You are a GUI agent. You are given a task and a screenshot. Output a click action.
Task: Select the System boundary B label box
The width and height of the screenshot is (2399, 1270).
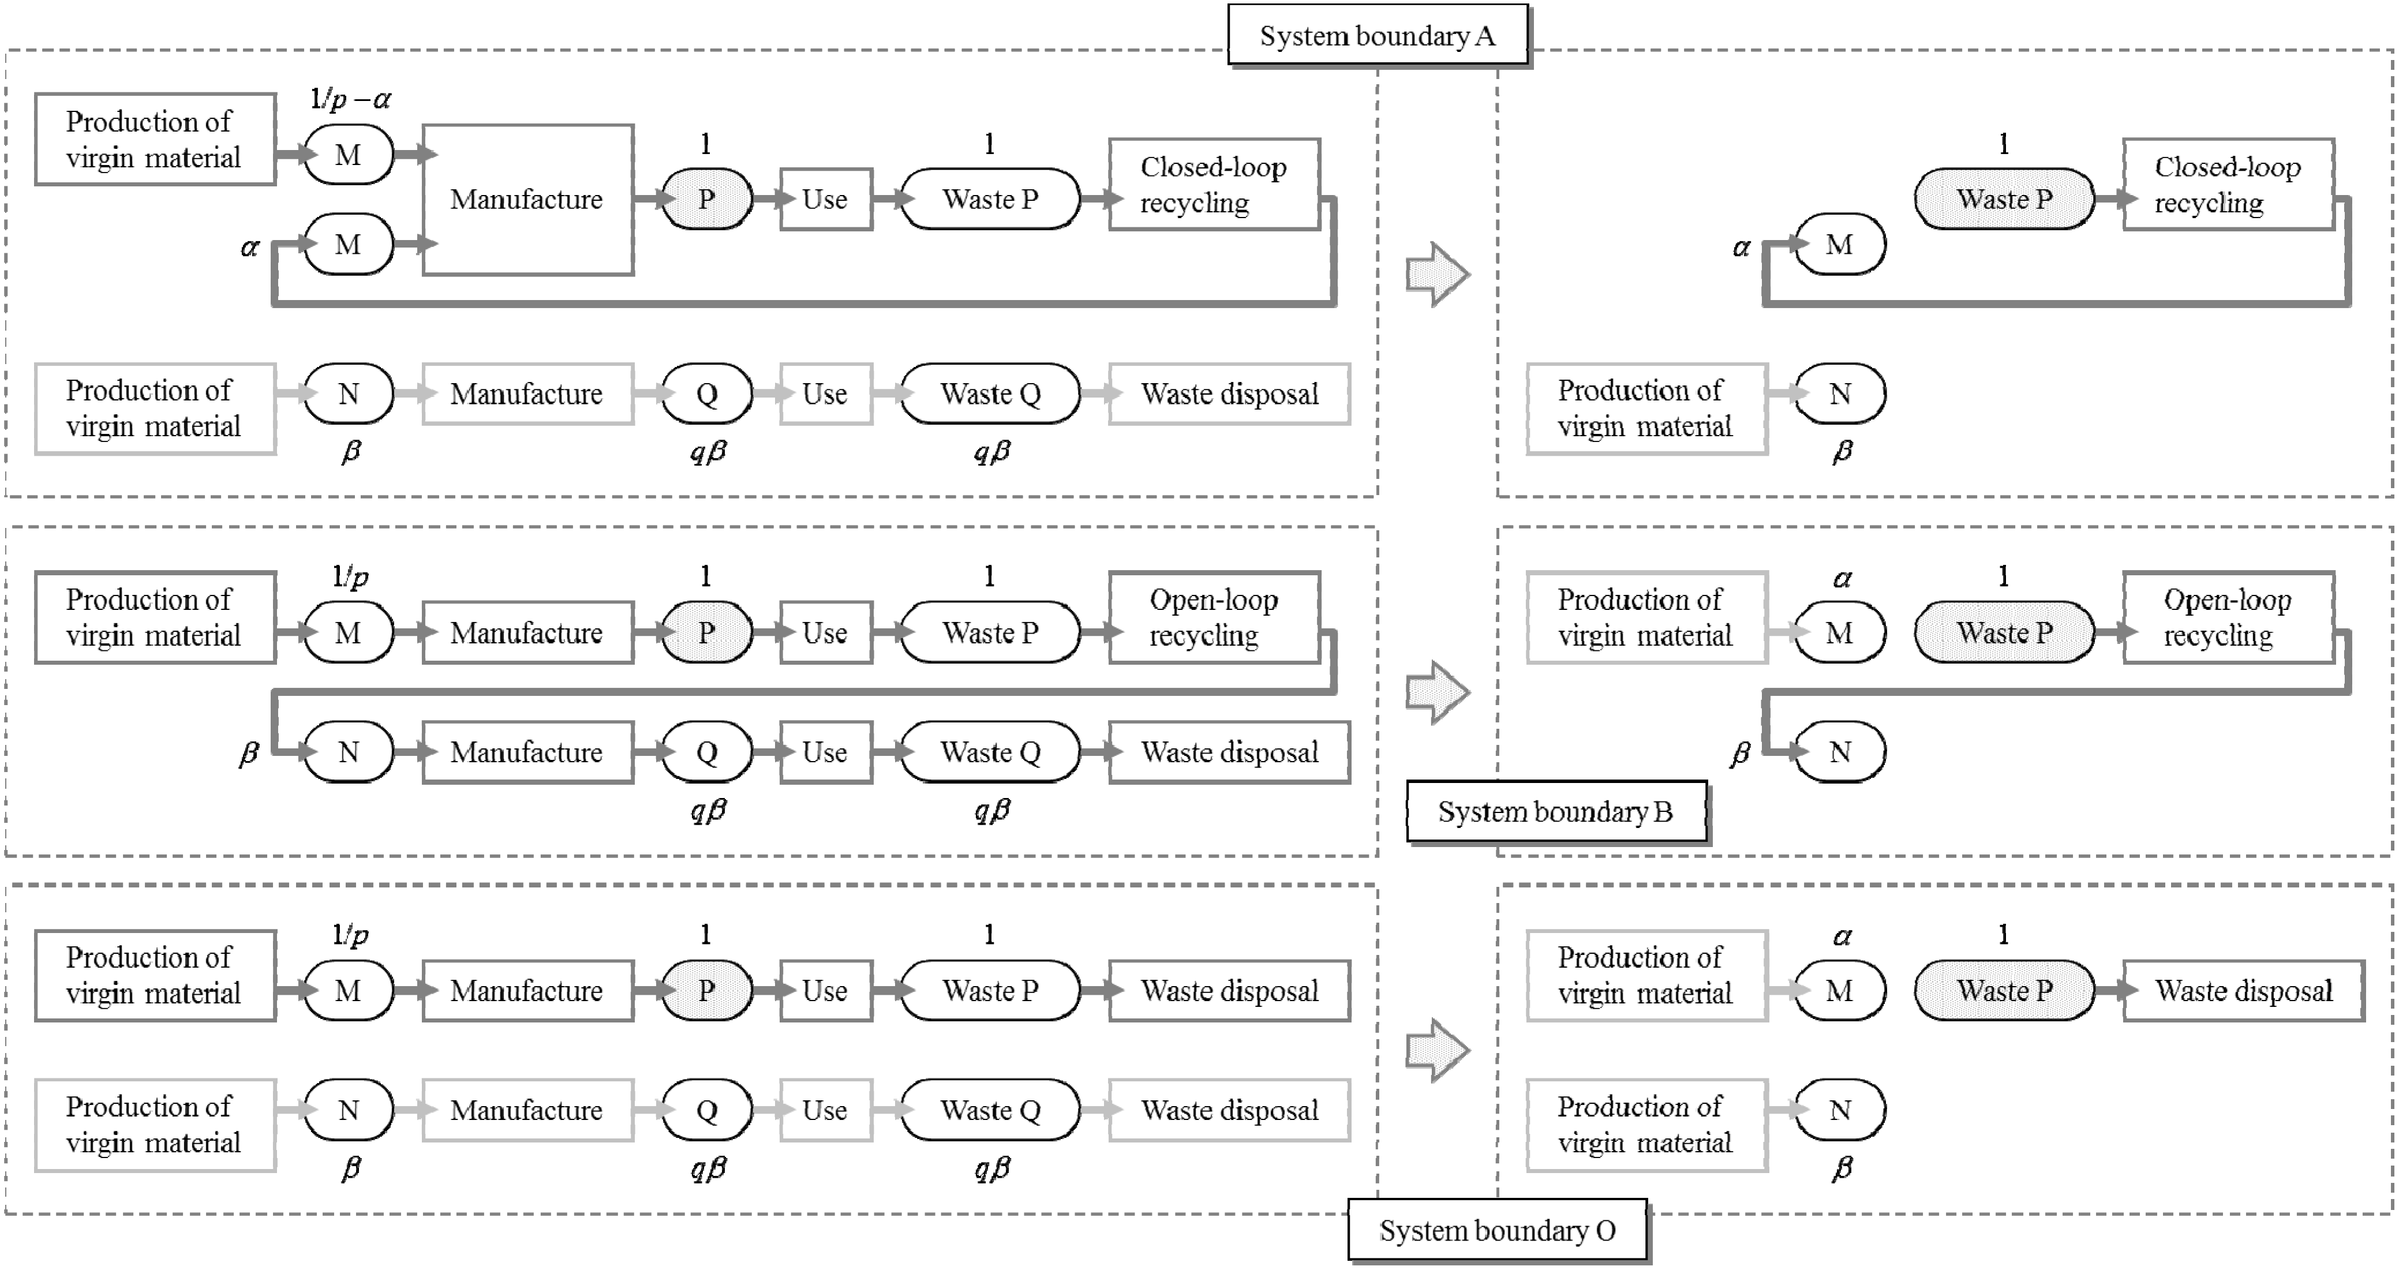coord(1555,812)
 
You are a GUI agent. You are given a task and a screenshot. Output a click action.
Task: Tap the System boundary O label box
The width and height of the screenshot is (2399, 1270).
coord(1496,1231)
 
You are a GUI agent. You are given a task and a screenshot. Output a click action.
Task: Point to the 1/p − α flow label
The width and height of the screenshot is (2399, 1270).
coord(350,99)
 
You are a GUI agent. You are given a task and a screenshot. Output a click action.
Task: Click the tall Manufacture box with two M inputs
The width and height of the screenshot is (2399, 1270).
coord(527,199)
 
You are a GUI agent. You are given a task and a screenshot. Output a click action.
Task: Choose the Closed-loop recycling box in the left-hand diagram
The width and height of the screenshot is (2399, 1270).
coord(1214,185)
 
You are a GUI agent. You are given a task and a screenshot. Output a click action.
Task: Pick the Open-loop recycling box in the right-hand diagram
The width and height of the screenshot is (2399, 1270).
coord(2228,617)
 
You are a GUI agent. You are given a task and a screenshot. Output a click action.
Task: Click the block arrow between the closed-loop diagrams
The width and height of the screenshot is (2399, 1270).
coord(1437,274)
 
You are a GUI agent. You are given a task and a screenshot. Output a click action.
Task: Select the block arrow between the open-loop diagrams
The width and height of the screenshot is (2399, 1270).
coord(1437,692)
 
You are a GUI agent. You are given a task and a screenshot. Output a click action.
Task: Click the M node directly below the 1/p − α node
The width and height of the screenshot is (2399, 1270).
coord(349,245)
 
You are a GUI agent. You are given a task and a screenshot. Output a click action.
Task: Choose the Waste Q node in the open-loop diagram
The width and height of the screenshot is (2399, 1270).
coord(990,752)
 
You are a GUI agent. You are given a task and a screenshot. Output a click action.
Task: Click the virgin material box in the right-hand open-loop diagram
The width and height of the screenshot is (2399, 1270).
coord(1645,617)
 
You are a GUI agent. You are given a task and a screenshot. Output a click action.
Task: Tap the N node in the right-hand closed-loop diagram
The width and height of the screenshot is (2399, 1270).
coord(1839,394)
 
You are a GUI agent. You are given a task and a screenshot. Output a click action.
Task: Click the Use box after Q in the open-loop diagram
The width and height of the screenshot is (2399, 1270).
coord(825,752)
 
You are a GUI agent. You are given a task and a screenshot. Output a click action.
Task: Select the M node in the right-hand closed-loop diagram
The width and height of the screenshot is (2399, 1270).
coord(1839,245)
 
